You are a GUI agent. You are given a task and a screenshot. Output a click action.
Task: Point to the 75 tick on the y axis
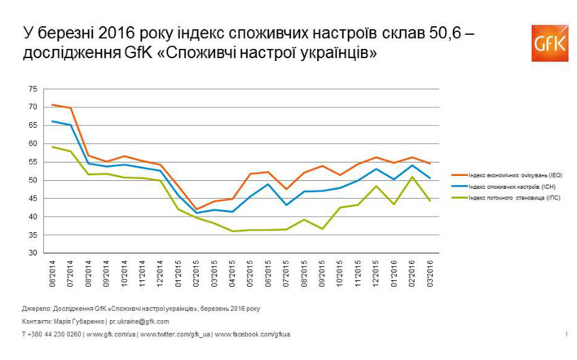[33, 89]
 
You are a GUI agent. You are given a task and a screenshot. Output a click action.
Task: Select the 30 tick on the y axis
[33, 253]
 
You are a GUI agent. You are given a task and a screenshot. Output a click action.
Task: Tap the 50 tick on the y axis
[33, 180]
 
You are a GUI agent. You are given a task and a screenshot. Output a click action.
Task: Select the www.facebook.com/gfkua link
[252, 334]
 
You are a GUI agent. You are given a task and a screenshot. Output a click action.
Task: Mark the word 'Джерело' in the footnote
[37, 309]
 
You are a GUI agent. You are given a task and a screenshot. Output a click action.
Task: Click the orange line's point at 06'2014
[53, 104]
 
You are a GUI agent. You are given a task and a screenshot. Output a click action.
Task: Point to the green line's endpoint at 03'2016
[430, 200]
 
